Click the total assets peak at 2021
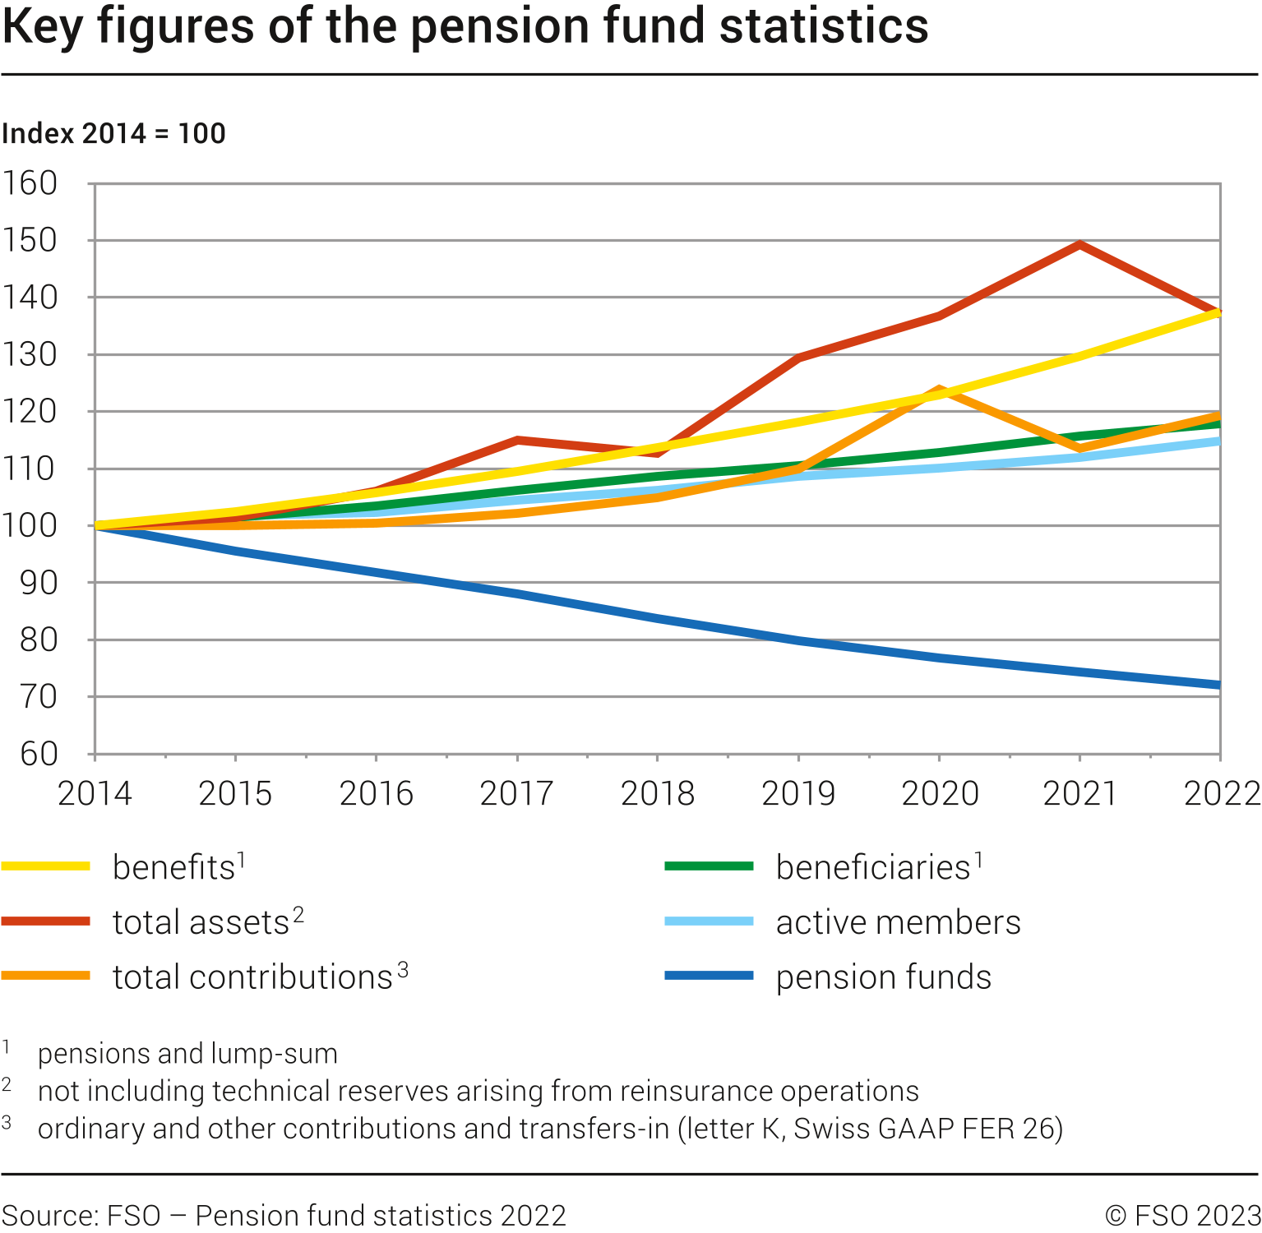(1079, 244)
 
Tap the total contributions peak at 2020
(938, 390)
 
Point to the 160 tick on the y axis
(30, 182)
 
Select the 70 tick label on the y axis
(39, 697)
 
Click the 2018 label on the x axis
(657, 793)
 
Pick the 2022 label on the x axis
(1221, 793)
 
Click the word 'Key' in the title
(43, 26)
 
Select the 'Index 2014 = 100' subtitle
(113, 133)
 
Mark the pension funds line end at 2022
(1218, 685)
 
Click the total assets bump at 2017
(517, 441)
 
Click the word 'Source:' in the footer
(51, 1215)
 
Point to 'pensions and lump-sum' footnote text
(187, 1053)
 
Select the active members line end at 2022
(1218, 441)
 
